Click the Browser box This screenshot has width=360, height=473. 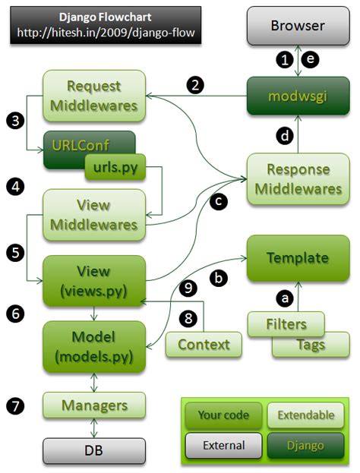pyautogui.click(x=297, y=26)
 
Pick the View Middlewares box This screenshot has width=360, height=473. pyautogui.click(x=94, y=214)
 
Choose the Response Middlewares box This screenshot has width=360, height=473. pyautogui.click(x=297, y=178)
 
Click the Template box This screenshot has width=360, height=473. pyautogui.click(x=297, y=257)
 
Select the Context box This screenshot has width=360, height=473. pyautogui.click(x=203, y=345)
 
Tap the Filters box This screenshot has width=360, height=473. pyautogui.click(x=286, y=323)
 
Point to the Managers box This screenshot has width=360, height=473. pyautogui.click(x=94, y=405)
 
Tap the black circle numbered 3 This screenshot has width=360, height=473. pyautogui.click(x=17, y=119)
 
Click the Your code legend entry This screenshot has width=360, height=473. pyautogui.click(x=223, y=415)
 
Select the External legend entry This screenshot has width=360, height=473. pyautogui.click(x=223, y=446)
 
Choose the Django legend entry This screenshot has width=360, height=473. pyautogui.click(x=302, y=446)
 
